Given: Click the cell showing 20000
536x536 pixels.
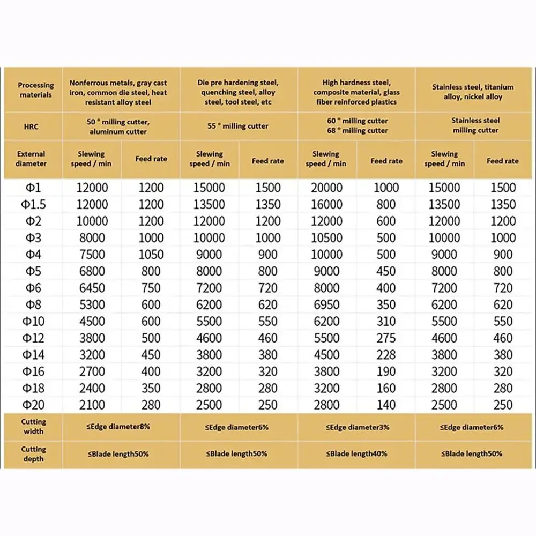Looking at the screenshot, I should (x=326, y=188).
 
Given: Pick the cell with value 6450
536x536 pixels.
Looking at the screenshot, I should (x=91, y=288).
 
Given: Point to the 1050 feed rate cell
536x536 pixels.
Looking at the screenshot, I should (x=151, y=255).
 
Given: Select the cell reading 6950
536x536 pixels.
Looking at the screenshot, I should (x=326, y=304).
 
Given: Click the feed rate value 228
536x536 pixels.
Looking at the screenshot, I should (x=386, y=354).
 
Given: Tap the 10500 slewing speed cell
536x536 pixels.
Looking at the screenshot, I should (x=326, y=237).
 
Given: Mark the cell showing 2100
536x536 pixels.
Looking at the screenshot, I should (x=91, y=405).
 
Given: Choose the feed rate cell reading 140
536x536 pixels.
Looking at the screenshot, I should (x=386, y=405).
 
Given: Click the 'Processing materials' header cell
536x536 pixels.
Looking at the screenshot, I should (x=36, y=90).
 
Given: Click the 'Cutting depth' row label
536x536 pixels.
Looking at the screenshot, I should (x=33, y=453).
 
